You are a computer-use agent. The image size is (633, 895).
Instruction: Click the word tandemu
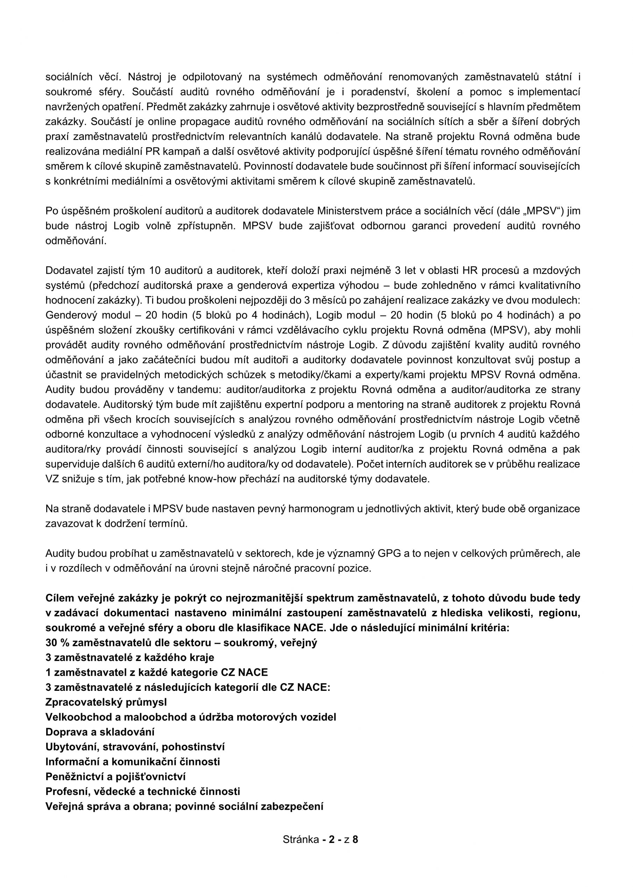pos(202,389)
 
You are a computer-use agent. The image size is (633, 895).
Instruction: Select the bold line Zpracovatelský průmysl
pos(106,702)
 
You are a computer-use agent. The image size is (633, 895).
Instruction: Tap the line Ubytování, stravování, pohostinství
pos(135,747)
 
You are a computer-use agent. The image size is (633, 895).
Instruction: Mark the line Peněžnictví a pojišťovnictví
pos(115,776)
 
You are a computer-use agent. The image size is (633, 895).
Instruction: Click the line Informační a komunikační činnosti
pos(133,762)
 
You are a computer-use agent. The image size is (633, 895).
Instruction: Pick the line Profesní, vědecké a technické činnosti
pos(143,791)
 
